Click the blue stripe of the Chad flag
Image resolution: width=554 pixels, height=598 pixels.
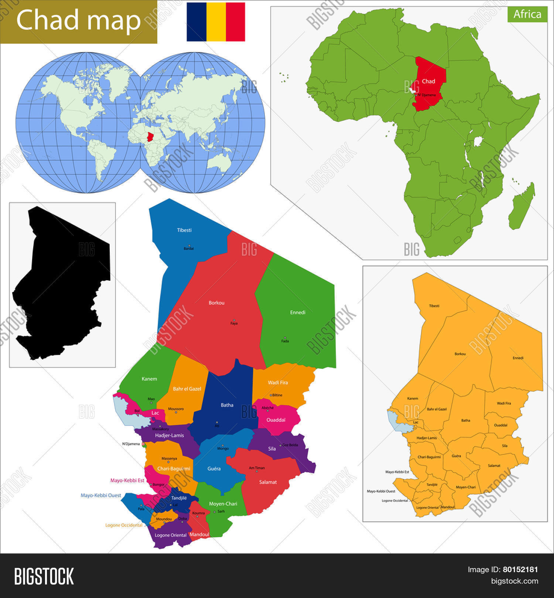[x=196, y=22]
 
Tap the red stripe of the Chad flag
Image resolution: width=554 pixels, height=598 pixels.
[x=235, y=22]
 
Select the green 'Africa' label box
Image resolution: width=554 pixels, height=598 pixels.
[x=527, y=14]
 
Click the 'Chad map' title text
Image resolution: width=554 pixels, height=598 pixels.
[x=78, y=20]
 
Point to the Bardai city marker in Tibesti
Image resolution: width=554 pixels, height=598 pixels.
[x=189, y=245]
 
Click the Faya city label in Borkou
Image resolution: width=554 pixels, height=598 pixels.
[x=234, y=323]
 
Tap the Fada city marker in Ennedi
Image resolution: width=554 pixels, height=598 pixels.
[x=285, y=338]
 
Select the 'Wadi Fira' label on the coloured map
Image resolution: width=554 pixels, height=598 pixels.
[x=278, y=382]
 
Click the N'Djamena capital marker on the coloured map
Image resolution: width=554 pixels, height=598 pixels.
[x=143, y=444]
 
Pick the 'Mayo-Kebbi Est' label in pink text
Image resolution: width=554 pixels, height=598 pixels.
[x=127, y=480]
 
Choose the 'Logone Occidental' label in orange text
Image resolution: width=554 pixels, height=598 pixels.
[x=124, y=525]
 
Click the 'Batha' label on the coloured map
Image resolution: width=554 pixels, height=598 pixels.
[x=227, y=405]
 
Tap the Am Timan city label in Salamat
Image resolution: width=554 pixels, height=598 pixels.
[x=257, y=468]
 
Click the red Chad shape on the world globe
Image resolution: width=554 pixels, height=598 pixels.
[x=150, y=137]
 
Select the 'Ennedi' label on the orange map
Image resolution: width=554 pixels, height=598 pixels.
[x=518, y=358]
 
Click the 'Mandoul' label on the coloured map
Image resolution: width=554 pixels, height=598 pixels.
[x=199, y=534]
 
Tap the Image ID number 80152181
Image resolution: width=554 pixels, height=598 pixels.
[x=520, y=570]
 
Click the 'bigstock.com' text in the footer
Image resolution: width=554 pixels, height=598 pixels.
[x=514, y=581]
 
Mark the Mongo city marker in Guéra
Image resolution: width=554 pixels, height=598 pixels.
[x=222, y=445]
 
